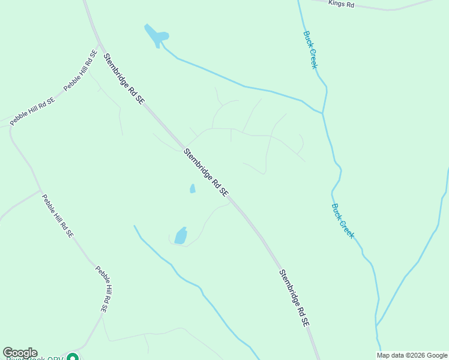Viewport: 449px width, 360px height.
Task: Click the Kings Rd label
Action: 342,4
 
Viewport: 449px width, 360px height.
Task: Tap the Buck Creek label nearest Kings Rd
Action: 310,50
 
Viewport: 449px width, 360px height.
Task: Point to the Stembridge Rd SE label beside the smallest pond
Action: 206,172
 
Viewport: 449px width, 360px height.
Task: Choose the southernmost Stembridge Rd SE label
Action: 294,298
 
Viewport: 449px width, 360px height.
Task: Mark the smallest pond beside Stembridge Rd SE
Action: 193,188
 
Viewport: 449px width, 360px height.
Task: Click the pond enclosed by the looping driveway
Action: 181,236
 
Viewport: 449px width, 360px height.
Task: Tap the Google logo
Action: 20,353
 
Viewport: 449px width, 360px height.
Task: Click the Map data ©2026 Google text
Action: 412,355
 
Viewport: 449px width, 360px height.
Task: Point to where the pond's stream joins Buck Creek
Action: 322,112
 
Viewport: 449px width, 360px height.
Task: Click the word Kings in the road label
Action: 336,3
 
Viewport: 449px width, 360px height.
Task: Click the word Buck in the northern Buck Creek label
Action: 307,38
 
